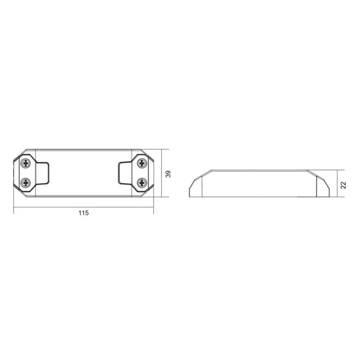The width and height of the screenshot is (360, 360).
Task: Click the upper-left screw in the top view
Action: [26, 163]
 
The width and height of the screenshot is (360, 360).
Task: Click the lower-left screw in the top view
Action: [26, 182]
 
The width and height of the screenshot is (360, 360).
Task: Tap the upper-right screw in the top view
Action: [142, 163]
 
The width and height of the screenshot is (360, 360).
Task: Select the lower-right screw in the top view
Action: [142, 182]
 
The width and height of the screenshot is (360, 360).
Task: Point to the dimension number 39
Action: [168, 174]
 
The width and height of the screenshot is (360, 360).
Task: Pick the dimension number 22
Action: [343, 184]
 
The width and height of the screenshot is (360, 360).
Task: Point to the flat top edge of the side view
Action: [260, 171]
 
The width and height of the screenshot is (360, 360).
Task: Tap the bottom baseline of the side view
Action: [260, 196]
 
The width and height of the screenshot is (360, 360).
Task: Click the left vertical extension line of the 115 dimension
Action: [14, 204]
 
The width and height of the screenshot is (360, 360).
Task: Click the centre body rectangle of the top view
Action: [84, 173]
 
